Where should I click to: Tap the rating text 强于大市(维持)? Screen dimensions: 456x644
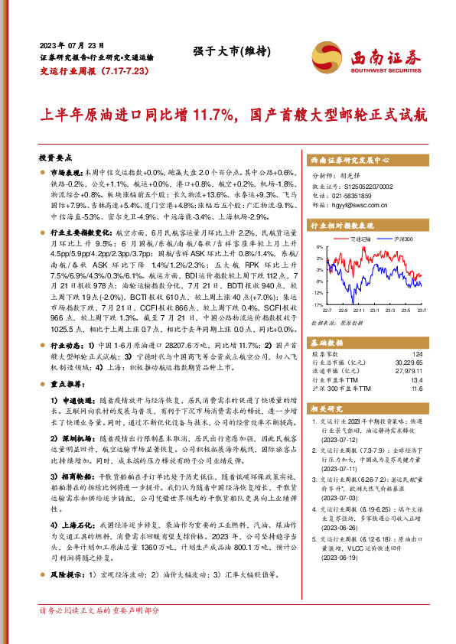point(228,52)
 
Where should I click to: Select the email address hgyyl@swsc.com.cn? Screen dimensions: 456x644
point(353,205)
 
